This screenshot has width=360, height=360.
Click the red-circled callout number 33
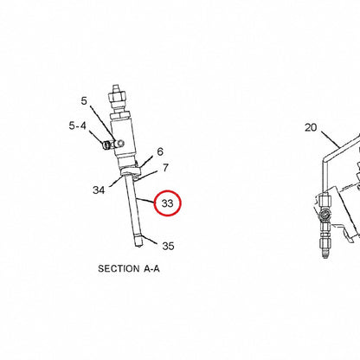click(167, 203)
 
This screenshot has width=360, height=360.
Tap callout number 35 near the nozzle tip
click(168, 246)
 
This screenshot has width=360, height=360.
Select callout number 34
click(99, 190)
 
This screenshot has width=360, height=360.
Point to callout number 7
click(165, 168)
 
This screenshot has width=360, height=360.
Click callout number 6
click(160, 151)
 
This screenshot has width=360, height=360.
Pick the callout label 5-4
click(77, 125)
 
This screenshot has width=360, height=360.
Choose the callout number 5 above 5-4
click(84, 101)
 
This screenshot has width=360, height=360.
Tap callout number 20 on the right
click(311, 127)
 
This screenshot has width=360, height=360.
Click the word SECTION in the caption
click(119, 269)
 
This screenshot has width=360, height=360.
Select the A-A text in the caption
click(151, 269)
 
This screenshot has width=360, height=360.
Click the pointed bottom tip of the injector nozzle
click(138, 247)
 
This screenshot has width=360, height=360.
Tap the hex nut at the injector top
click(117, 96)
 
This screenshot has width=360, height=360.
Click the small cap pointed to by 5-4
click(106, 145)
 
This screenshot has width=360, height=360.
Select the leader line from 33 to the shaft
click(145, 200)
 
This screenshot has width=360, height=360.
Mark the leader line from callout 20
click(330, 139)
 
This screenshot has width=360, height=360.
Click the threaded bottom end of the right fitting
click(325, 252)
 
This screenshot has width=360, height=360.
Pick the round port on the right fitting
click(325, 215)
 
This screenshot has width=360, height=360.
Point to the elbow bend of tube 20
click(325, 158)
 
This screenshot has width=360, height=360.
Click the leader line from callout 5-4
click(97, 137)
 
